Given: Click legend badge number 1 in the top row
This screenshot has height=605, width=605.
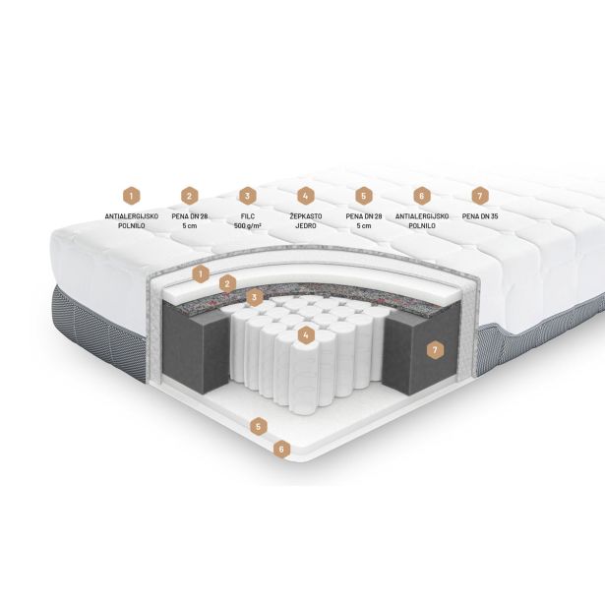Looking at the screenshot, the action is tap(131, 196).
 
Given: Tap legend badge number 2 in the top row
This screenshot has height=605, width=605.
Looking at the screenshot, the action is tap(189, 196).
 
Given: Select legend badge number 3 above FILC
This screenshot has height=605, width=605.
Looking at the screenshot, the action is tap(247, 196).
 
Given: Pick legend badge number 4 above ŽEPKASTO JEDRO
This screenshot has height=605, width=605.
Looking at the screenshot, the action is tap(306, 196).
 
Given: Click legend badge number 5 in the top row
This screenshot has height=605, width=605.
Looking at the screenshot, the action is tap(363, 196).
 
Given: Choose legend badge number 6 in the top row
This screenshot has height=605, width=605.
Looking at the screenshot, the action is tap(422, 196).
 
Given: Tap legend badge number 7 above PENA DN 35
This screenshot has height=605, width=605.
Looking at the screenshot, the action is tap(480, 196).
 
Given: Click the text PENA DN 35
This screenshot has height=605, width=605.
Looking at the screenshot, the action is tap(480, 216).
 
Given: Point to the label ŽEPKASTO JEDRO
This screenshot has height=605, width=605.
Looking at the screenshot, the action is tap(306, 221).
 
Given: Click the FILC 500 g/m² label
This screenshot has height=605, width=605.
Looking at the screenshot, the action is tap(247, 221).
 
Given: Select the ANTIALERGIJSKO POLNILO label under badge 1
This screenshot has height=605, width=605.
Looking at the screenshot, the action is tap(131, 221).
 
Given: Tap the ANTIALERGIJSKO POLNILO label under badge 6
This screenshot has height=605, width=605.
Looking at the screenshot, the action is tap(422, 221).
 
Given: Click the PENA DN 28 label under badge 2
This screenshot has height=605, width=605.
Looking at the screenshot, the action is tap(190, 221).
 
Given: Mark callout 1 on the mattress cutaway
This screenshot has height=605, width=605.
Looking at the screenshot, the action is tap(201, 274).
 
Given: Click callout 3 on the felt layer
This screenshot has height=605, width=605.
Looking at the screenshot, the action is tap(254, 297).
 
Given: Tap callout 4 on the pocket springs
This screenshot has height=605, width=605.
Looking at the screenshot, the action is tap(306, 334).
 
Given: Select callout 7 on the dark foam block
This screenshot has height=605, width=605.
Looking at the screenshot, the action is tap(435, 350).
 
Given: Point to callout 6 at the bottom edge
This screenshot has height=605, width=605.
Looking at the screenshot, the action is tap(281, 450).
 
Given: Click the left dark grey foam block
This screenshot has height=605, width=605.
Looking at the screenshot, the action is tap(195, 347).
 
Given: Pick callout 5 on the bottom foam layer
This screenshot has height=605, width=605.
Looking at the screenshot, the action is tap(259, 427).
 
